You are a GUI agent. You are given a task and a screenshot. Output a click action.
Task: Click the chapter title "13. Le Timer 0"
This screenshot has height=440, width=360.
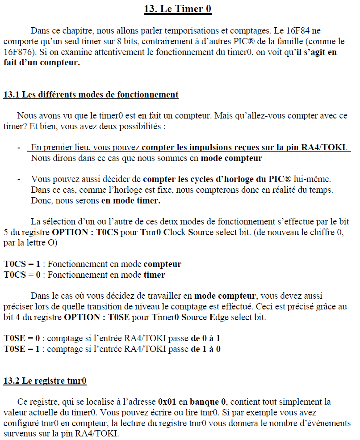point(178,9)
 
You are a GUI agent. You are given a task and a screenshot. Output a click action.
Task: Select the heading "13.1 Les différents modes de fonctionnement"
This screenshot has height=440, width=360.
point(91,95)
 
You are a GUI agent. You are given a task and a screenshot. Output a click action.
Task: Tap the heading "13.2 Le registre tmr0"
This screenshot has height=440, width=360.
point(45,381)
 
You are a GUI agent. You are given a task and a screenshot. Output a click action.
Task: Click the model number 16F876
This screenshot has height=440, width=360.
point(17,53)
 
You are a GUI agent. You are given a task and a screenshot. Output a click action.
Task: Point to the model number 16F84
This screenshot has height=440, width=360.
point(290,31)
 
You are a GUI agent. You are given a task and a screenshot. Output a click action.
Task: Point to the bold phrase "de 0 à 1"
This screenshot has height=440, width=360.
point(206,338)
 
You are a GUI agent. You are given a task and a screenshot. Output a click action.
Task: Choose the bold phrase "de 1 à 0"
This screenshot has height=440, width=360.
point(206,349)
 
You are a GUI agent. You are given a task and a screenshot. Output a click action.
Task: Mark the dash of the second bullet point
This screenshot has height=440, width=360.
point(18,179)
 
